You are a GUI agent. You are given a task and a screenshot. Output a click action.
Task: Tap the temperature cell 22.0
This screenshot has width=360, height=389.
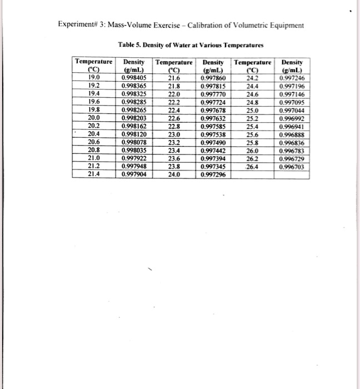(175, 94)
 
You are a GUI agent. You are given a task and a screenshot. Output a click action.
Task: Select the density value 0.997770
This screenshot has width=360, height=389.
(214, 94)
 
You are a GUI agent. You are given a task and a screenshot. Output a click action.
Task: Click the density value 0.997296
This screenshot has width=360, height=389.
(214, 174)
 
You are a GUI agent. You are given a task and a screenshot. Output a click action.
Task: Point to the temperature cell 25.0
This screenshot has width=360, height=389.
(253, 110)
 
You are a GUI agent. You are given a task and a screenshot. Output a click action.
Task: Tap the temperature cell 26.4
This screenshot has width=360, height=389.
(253, 166)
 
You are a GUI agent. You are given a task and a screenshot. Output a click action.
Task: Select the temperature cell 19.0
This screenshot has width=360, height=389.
(93, 78)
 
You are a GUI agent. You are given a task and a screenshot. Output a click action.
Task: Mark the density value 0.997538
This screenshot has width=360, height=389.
(214, 134)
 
